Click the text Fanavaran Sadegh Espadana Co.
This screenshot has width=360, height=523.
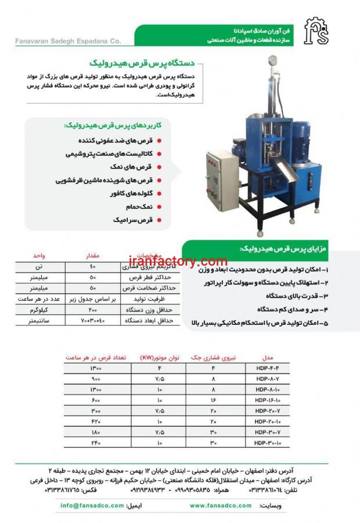[67, 41]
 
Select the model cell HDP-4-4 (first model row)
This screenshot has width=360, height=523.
[268, 368]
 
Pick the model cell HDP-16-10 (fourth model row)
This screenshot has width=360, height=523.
[268, 400]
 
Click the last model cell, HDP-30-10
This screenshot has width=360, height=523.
[268, 443]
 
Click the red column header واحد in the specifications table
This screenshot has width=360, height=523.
[39, 256]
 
